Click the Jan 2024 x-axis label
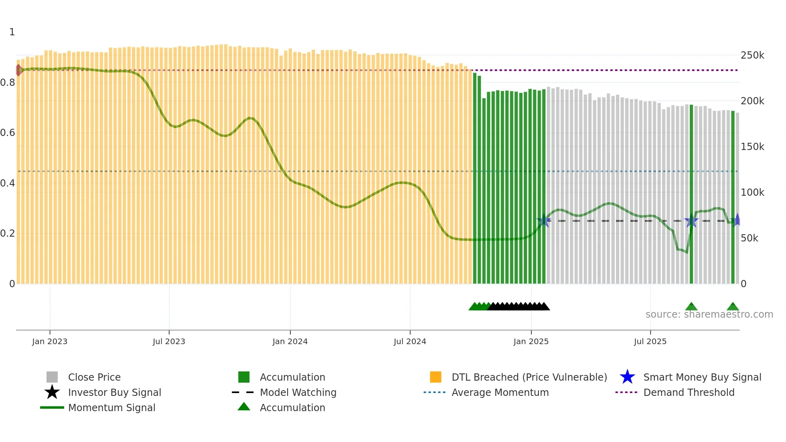(x=290, y=342)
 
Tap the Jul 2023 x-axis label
(x=169, y=342)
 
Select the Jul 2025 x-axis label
(x=650, y=342)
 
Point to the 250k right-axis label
(x=752, y=55)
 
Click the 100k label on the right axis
(x=752, y=193)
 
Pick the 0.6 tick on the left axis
(x=8, y=133)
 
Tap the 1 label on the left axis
(x=12, y=32)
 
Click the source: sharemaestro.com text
(x=709, y=314)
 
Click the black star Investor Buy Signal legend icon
(x=52, y=392)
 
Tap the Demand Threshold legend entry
(x=689, y=393)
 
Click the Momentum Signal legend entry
(x=111, y=408)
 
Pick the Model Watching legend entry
(x=298, y=393)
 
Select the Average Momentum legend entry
(x=500, y=393)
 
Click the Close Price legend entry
(x=94, y=377)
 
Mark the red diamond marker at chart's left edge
(x=18, y=70)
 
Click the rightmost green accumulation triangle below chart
(x=733, y=307)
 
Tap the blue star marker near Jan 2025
(x=544, y=221)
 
